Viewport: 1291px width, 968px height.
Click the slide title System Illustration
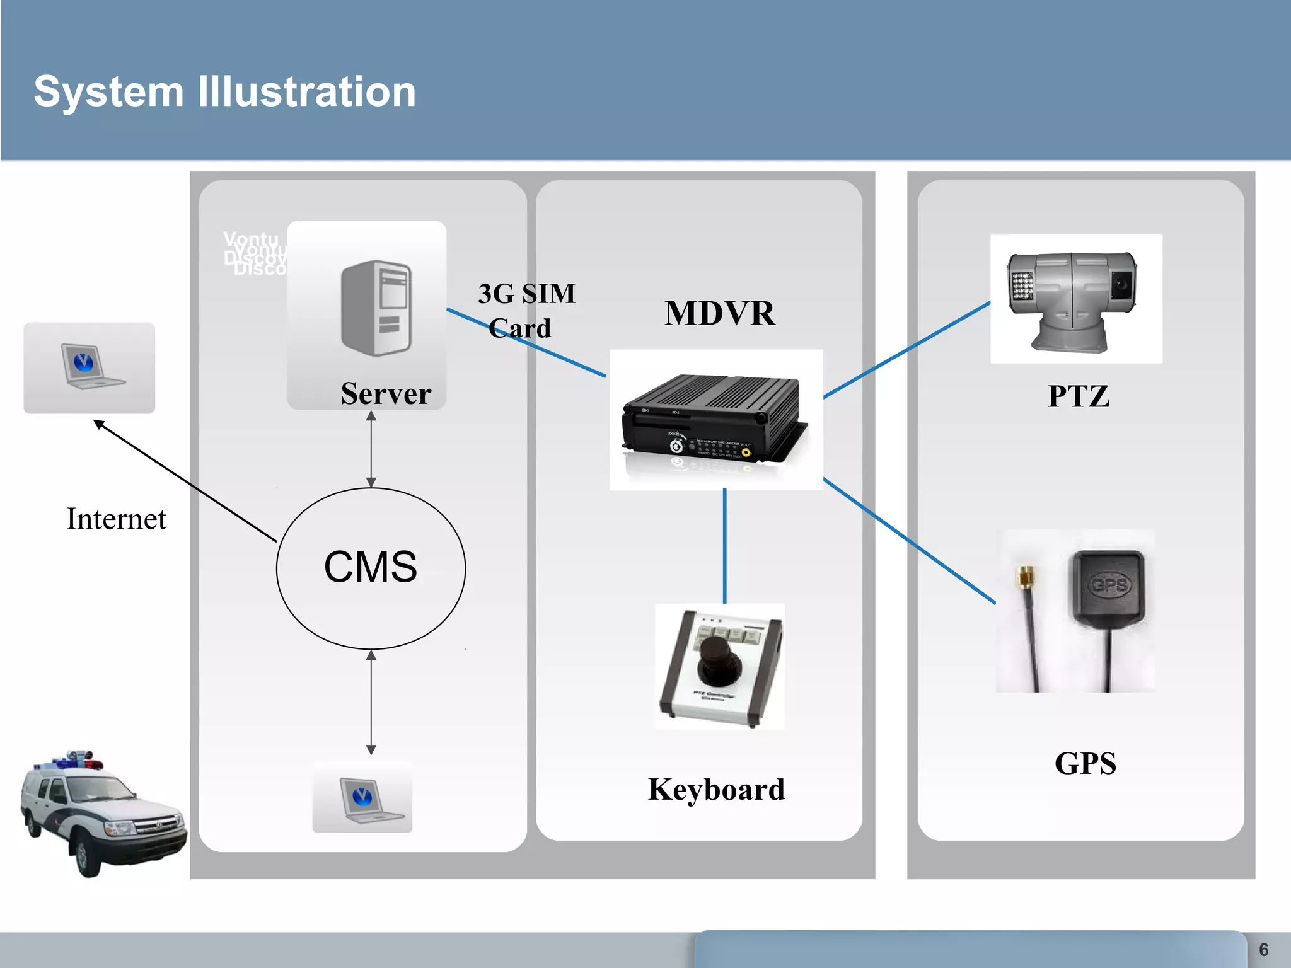(x=224, y=92)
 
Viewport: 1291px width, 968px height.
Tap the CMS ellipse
(x=371, y=568)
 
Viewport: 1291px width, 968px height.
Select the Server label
(x=386, y=394)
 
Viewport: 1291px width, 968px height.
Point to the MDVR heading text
(x=719, y=313)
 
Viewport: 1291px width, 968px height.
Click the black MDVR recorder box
(x=712, y=419)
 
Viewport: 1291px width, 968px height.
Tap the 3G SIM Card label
(x=526, y=311)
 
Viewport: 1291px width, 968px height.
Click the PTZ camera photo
(x=1075, y=299)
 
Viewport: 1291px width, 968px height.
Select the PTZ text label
(x=1078, y=396)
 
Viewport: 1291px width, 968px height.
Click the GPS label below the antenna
(x=1085, y=763)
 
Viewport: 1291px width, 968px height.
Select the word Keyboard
(x=716, y=790)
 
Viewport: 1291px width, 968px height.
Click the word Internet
(x=117, y=519)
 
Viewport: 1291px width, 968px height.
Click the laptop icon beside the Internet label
(x=89, y=367)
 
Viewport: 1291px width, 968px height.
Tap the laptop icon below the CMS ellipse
(x=362, y=798)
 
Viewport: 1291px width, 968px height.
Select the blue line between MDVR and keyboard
(x=725, y=546)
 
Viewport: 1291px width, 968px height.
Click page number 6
(x=1263, y=950)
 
